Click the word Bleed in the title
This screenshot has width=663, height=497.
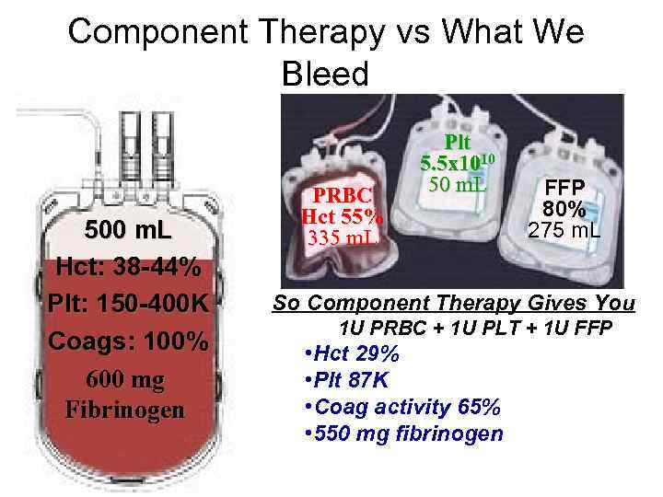tap(325, 74)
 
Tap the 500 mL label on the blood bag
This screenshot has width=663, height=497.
tap(125, 229)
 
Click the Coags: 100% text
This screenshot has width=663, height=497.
tap(127, 341)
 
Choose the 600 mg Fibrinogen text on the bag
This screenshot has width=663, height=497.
tap(125, 394)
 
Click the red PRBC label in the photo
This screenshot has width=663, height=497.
tap(343, 196)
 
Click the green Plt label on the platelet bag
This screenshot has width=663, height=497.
tap(457, 143)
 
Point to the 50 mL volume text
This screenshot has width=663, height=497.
tap(458, 184)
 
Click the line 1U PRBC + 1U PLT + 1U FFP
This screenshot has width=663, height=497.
tap(475, 329)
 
